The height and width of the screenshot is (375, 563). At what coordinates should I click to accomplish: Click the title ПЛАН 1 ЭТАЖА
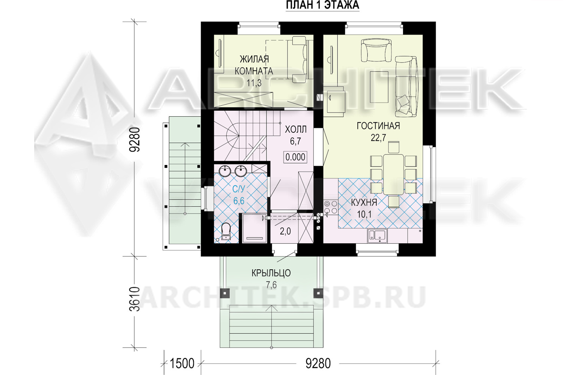322,5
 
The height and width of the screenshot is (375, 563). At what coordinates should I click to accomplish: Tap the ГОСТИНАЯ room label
378,126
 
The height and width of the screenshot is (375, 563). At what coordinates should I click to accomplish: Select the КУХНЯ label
364,202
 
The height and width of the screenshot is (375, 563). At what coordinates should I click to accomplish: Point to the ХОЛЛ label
296,129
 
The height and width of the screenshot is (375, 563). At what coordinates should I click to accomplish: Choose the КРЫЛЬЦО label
271,273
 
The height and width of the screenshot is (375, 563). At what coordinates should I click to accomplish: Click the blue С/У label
238,189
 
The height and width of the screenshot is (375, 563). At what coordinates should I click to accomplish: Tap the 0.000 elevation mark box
295,157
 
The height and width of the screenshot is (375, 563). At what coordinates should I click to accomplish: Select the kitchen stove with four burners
331,207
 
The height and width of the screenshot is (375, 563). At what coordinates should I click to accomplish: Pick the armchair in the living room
376,50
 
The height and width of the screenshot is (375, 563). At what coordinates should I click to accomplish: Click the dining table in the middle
393,175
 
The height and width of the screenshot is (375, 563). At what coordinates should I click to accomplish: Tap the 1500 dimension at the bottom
182,364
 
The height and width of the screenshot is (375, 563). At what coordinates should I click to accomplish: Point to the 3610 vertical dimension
135,299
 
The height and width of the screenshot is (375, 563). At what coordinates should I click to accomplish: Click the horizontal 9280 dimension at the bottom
318,364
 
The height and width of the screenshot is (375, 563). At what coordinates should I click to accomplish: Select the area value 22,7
378,138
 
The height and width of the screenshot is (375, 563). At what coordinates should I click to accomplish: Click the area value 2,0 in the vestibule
285,231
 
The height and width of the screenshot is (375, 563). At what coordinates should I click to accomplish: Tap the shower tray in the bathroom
254,228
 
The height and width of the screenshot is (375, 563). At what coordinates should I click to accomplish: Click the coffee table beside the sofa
379,87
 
